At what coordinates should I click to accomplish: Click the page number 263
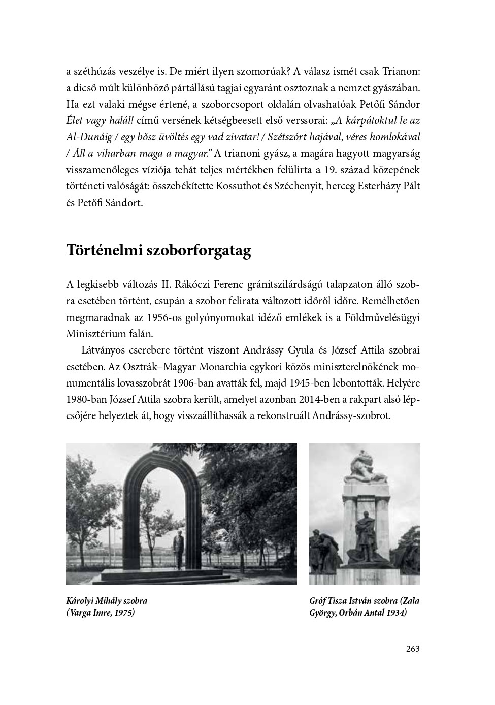pyautogui.click(x=413, y=649)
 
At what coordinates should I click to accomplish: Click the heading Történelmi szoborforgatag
pyautogui.click(x=158, y=251)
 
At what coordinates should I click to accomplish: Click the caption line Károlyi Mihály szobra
pyautogui.click(x=107, y=601)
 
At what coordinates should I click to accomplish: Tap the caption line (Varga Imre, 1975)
pyautogui.click(x=101, y=613)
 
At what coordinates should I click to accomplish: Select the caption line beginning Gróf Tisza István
pyautogui.click(x=364, y=601)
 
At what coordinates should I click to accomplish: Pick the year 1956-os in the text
pyautogui.click(x=153, y=317)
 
